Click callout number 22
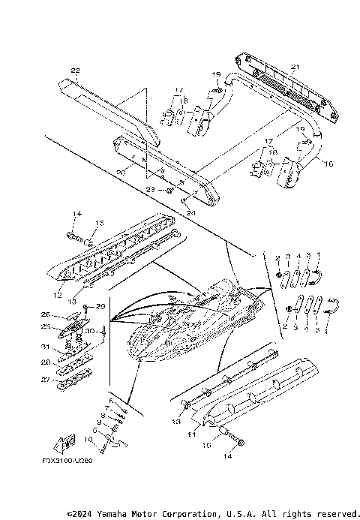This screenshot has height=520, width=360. pos(74,71)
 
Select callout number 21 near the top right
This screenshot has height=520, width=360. pos(295,68)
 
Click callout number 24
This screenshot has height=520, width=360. pos(190,212)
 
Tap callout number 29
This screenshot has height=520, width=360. pos(100,308)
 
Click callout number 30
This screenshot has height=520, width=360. pos(90,330)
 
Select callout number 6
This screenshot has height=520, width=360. pos(111,401)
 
